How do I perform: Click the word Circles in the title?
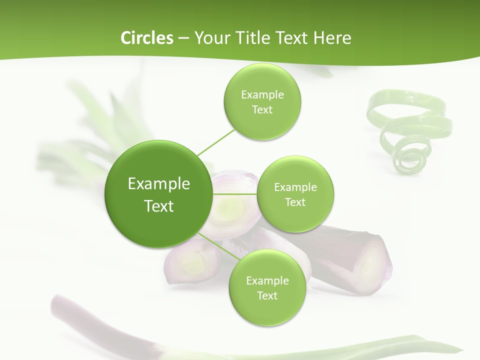(146, 38)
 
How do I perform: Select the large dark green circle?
(158, 194)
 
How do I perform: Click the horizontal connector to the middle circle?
(235, 193)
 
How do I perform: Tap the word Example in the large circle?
(158, 183)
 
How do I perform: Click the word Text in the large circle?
(158, 206)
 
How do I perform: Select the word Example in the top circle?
(262, 94)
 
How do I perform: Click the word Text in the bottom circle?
(267, 295)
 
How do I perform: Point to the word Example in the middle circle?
(295, 187)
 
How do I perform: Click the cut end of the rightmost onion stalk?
(372, 260)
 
